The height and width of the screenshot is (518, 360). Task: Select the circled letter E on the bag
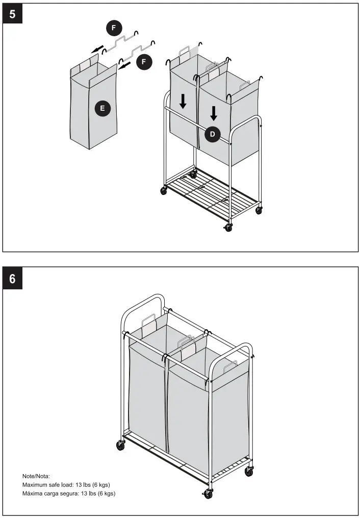(102, 108)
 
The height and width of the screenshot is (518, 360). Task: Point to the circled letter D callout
(213, 135)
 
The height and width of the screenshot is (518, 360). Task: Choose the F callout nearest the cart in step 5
(144, 62)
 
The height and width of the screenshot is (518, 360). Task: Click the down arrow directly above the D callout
(214, 113)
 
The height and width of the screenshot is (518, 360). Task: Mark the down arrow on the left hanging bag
(183, 101)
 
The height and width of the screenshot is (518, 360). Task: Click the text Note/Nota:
(36, 476)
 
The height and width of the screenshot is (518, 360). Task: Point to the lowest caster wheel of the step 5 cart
(228, 228)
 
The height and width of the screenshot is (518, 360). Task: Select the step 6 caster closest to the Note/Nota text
(120, 446)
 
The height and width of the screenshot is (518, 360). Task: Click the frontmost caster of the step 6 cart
(208, 494)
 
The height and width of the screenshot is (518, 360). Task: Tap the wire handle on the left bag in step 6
(149, 321)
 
